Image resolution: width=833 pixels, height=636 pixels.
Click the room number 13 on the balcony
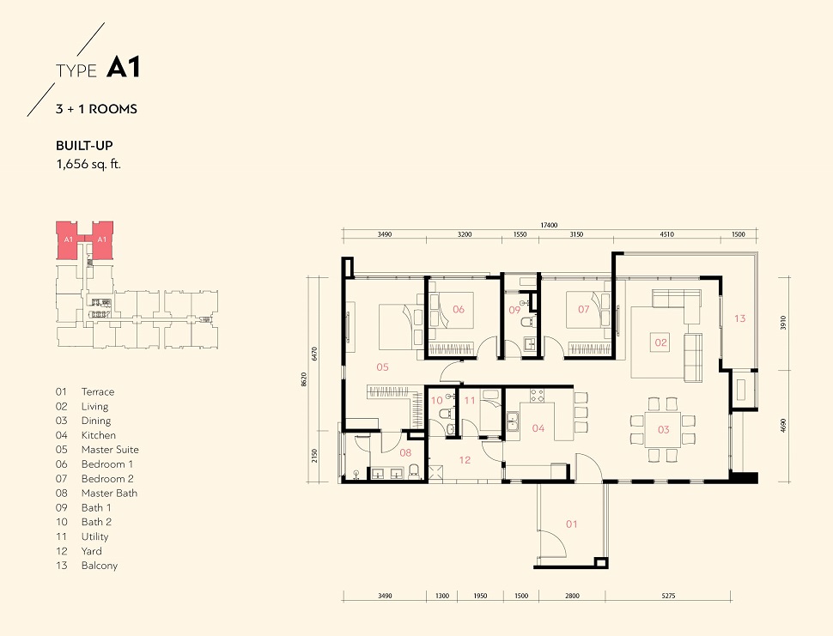740,318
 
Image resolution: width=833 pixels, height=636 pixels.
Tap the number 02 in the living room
661,342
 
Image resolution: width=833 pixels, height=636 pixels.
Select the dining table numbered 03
662,429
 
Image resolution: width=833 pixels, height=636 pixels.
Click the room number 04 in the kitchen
538,428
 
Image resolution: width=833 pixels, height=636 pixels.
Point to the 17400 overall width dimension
550,225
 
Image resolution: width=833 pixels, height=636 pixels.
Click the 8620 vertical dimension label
304,379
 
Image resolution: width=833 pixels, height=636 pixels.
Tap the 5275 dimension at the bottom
668,596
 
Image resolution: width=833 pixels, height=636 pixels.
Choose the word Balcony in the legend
100,566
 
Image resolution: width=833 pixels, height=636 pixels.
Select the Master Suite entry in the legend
110,450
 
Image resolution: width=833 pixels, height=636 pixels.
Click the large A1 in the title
124,68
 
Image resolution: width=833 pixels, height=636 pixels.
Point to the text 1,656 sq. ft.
88,164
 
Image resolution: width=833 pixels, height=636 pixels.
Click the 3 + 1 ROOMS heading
96,109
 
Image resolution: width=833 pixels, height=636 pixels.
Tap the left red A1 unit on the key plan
68,240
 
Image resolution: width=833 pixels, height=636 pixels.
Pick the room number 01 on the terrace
572,524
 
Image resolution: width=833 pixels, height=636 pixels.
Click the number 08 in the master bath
405,452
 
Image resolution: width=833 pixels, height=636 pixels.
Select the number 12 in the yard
465,460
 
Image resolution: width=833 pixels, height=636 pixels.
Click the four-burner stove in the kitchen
537,396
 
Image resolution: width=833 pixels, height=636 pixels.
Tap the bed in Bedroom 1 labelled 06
451,324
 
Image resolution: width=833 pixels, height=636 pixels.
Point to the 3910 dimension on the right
783,323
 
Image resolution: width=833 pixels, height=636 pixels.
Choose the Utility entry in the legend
94,536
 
